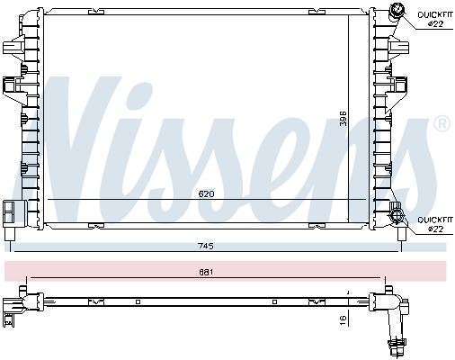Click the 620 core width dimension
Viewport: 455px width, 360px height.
205,193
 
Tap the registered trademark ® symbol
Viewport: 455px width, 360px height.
442,123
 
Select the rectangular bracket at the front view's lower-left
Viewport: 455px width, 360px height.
11,211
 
